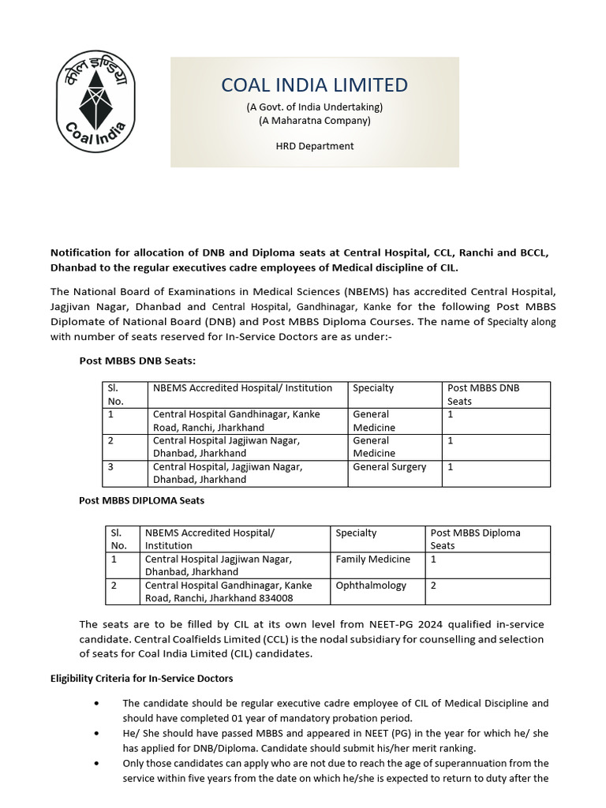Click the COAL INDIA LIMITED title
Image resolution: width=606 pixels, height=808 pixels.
[314, 85]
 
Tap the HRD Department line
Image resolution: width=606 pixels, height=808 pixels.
[314, 146]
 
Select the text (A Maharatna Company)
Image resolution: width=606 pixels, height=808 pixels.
[314, 121]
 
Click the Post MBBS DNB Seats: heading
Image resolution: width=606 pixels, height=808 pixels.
[137, 361]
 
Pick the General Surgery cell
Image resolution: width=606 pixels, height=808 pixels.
[389, 466]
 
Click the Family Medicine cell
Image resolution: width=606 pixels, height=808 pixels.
[372, 559]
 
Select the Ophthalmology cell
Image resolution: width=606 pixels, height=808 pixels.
[371, 585]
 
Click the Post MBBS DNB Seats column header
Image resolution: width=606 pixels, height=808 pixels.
[483, 394]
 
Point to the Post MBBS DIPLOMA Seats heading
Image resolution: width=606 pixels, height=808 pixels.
[142, 500]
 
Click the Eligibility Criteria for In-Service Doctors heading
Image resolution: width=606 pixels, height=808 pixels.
[142, 678]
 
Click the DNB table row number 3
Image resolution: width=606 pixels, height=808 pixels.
[110, 466]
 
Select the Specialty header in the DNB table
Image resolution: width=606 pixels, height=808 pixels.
[373, 388]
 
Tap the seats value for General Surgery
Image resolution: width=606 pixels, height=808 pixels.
[451, 466]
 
